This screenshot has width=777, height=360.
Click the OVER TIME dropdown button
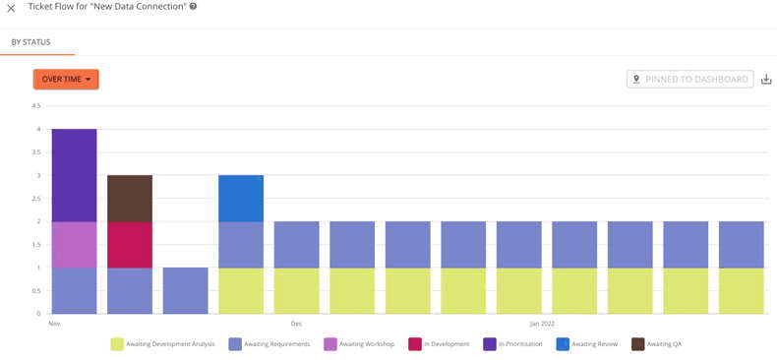coord(66,80)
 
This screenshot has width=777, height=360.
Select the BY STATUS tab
coord(30,42)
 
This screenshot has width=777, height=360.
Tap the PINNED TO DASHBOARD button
coord(689,80)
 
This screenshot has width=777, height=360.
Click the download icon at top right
coord(766,80)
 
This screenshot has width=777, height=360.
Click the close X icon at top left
coord(11,8)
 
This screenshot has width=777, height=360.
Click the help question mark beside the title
coord(193,7)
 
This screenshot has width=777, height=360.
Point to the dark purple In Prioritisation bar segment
coord(74,175)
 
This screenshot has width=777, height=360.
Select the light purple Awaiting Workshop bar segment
coord(74,244)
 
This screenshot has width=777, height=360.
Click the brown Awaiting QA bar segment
coord(130,198)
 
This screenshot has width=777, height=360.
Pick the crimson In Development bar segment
coord(130,244)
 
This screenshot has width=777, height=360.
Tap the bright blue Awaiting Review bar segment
coord(241,198)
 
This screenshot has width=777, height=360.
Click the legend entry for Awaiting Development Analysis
coord(162,344)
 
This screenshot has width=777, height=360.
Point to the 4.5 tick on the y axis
coord(35,106)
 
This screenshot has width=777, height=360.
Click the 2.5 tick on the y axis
coord(35,198)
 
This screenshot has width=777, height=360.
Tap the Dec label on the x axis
coord(296,323)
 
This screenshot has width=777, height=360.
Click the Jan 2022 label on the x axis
coord(542,323)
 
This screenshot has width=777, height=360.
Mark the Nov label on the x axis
coord(54,323)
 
